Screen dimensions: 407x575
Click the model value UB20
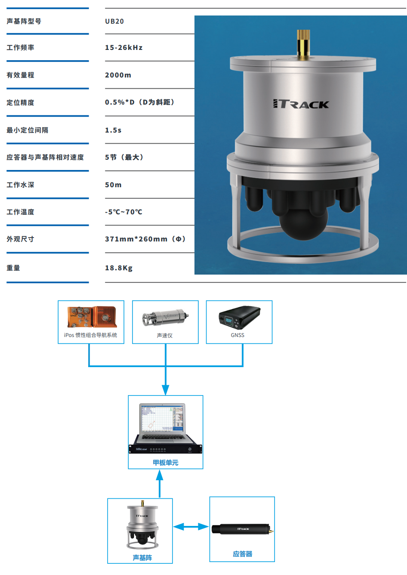tap(114, 22)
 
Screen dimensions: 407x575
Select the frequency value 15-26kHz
tap(123, 47)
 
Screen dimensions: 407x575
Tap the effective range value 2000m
tap(118, 75)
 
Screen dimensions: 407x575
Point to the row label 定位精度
tap(20, 102)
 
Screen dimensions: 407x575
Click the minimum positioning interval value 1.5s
tap(113, 130)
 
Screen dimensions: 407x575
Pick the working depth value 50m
tap(113, 185)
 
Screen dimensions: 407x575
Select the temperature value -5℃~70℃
tap(123, 212)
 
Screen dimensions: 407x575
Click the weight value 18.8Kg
tap(119, 268)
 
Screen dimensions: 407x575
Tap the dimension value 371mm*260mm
tap(136, 239)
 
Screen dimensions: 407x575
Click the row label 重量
tap(13, 268)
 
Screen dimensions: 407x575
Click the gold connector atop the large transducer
tap(303, 44)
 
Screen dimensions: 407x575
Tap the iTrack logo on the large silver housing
tap(301, 104)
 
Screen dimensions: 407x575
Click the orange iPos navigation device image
tap(92, 317)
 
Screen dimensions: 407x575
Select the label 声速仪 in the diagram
tap(165, 336)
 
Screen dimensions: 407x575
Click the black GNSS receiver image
tap(240, 317)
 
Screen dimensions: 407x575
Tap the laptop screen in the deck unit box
tap(162, 418)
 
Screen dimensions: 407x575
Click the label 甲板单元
tap(166, 463)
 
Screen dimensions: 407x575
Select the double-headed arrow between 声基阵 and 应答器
tap(191, 527)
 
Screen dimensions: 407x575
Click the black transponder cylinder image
tap(242, 529)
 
